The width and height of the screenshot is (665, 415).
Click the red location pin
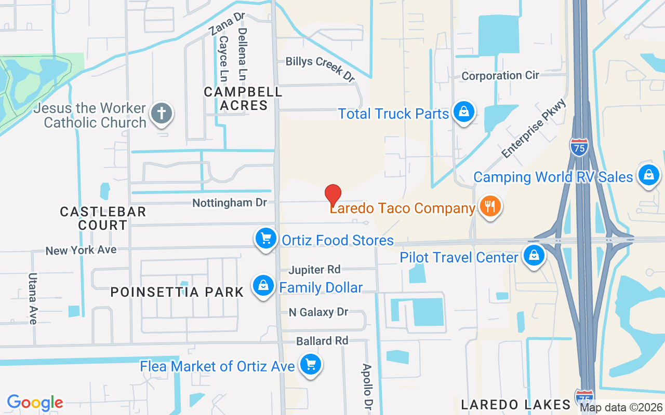(x=333, y=195)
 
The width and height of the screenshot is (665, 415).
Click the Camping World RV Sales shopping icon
(x=648, y=175)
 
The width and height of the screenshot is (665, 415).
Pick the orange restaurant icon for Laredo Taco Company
(x=489, y=206)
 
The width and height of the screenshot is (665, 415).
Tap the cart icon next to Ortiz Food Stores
(x=266, y=239)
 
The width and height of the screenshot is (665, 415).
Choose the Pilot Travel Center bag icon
(x=533, y=256)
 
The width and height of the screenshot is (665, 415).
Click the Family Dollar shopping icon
(x=263, y=286)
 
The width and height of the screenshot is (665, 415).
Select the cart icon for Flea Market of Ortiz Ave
(x=311, y=365)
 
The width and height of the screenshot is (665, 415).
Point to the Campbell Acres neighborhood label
(x=243, y=99)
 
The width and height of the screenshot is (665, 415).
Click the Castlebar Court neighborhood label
(x=103, y=218)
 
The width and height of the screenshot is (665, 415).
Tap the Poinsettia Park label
(x=177, y=292)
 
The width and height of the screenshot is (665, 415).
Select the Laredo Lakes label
(x=516, y=405)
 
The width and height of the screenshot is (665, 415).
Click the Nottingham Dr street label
(x=230, y=203)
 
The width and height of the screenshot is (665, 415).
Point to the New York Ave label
(x=81, y=250)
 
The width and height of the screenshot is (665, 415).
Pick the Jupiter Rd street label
(x=314, y=270)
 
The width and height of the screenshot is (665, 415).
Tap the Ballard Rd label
(x=322, y=341)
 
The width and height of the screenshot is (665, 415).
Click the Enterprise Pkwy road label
(x=534, y=129)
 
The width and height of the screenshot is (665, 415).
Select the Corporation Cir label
(x=500, y=76)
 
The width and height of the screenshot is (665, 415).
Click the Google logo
(x=35, y=403)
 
